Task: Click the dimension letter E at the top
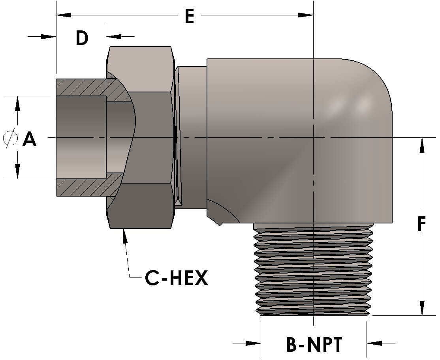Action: (x=190, y=17)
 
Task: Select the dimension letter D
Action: (x=82, y=38)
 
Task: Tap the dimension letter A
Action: (x=30, y=139)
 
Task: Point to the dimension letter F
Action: (x=422, y=224)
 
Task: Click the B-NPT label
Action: (x=314, y=345)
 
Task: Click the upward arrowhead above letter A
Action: (x=17, y=104)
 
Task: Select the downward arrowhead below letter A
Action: (x=17, y=171)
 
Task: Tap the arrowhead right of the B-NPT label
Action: (x=375, y=343)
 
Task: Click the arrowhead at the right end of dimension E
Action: (x=305, y=15)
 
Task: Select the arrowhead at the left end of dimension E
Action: (x=64, y=15)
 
